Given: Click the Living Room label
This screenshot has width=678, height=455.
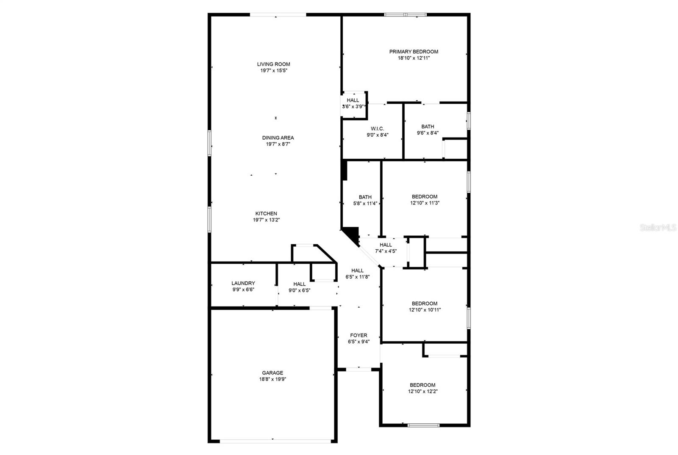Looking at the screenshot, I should (x=273, y=64).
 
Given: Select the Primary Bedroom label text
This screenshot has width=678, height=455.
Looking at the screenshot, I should (x=414, y=52).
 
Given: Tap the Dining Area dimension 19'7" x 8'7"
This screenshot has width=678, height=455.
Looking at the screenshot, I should (x=278, y=144).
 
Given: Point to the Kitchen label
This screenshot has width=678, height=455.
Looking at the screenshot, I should (x=266, y=214).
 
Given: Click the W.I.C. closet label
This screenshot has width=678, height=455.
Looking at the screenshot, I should (x=377, y=129).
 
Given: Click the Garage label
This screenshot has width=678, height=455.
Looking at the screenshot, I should (x=272, y=373).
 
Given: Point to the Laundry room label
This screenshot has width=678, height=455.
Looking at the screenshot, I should (x=243, y=283).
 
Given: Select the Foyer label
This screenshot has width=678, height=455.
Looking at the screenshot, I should (x=358, y=335).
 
